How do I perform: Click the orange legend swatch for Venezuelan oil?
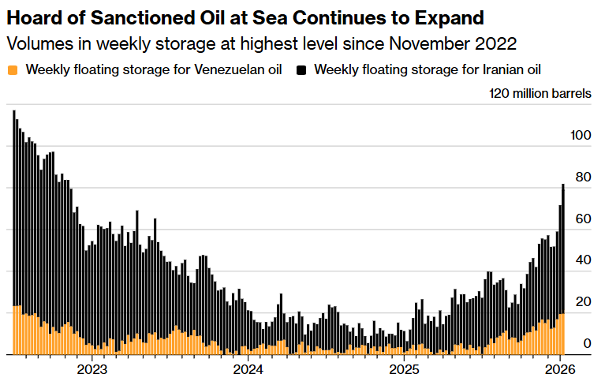[x=11, y=69]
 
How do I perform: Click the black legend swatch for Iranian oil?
[x=301, y=69]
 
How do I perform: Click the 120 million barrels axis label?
[x=540, y=94]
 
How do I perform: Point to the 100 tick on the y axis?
[x=581, y=136]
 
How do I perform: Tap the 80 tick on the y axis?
[x=584, y=178]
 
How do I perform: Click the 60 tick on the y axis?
[x=584, y=219]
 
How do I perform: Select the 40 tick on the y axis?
[x=584, y=260]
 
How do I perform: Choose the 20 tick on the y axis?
[x=584, y=302]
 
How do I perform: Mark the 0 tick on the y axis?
[x=587, y=344]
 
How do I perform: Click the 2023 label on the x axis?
[x=91, y=369]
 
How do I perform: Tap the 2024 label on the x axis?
[x=248, y=369]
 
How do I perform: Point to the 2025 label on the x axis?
[x=404, y=369]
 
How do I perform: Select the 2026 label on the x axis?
[x=559, y=369]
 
